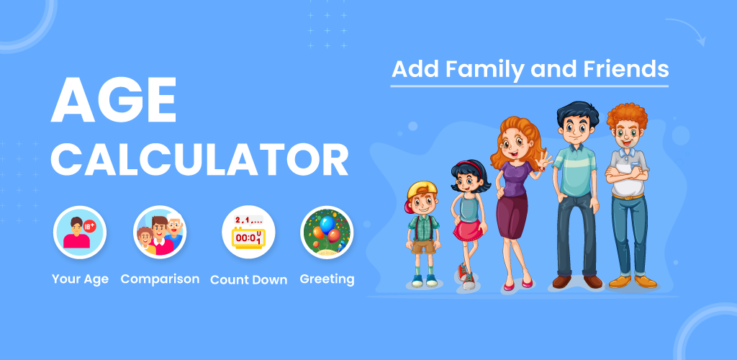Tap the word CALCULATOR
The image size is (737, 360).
tap(199, 160)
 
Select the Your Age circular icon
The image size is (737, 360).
tap(80, 232)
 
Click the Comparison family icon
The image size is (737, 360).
tap(160, 232)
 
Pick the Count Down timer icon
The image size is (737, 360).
tap(248, 232)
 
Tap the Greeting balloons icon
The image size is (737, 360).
tap(327, 232)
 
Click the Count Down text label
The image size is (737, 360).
tap(248, 279)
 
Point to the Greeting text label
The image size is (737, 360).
tap(327, 279)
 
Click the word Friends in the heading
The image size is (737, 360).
tap(625, 69)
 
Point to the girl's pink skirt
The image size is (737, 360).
tap(469, 230)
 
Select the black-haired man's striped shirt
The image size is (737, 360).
tap(574, 170)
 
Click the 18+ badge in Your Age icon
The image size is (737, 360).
tap(89, 227)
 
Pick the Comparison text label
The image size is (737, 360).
tap(160, 279)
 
